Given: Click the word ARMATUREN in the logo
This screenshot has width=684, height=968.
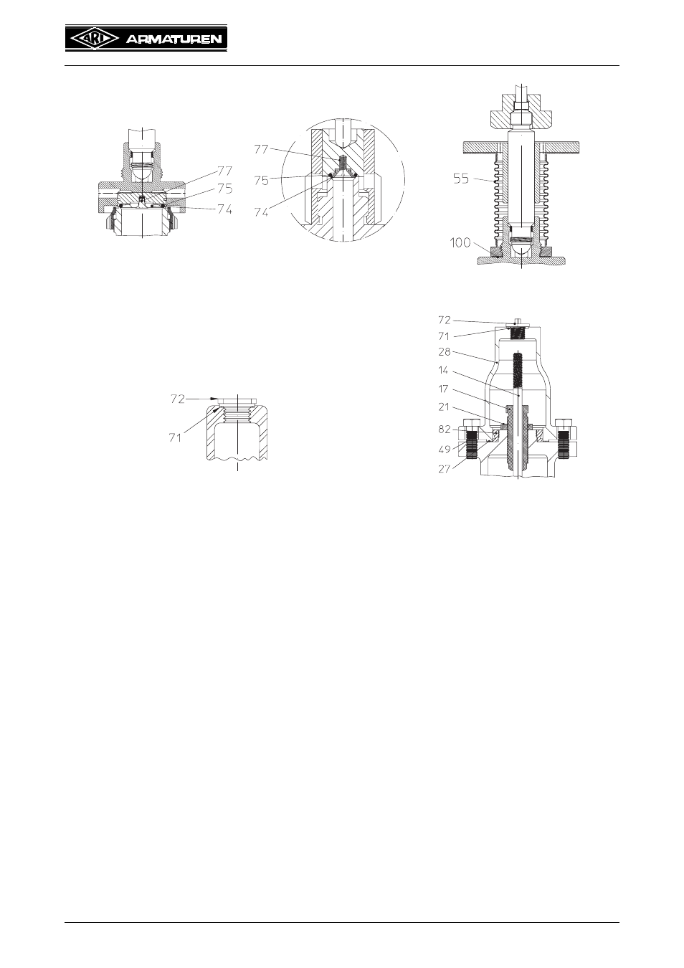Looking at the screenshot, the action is coord(174,39).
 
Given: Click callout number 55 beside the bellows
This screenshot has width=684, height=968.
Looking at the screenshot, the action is coord(461,179).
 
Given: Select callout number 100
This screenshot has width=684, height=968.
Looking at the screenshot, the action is coord(460,243).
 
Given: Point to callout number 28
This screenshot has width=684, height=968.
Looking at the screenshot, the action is coord(445,352).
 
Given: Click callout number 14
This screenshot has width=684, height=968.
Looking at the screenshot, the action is coord(443,371).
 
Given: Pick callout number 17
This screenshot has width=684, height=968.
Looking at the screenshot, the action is coord(443,389).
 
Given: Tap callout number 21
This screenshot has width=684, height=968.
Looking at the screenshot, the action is coord(444,407).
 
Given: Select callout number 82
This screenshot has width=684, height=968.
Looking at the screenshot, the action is coord(445,429).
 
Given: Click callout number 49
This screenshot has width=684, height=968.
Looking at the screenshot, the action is coord(445,450).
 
